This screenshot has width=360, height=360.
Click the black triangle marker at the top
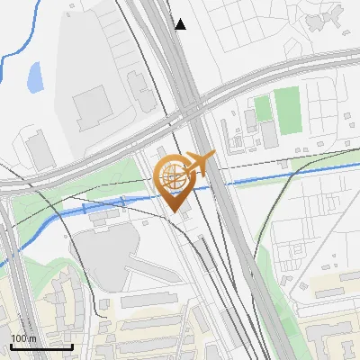point(181,24)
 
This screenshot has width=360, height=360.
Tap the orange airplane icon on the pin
point(199,164)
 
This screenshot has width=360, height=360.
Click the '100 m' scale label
point(23,338)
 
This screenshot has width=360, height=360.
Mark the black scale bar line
point(41,346)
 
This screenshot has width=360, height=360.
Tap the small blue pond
point(35,78)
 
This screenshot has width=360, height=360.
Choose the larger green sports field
point(288,109)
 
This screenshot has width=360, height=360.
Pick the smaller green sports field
point(263,110)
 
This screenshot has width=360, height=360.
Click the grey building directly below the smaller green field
point(268,133)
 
